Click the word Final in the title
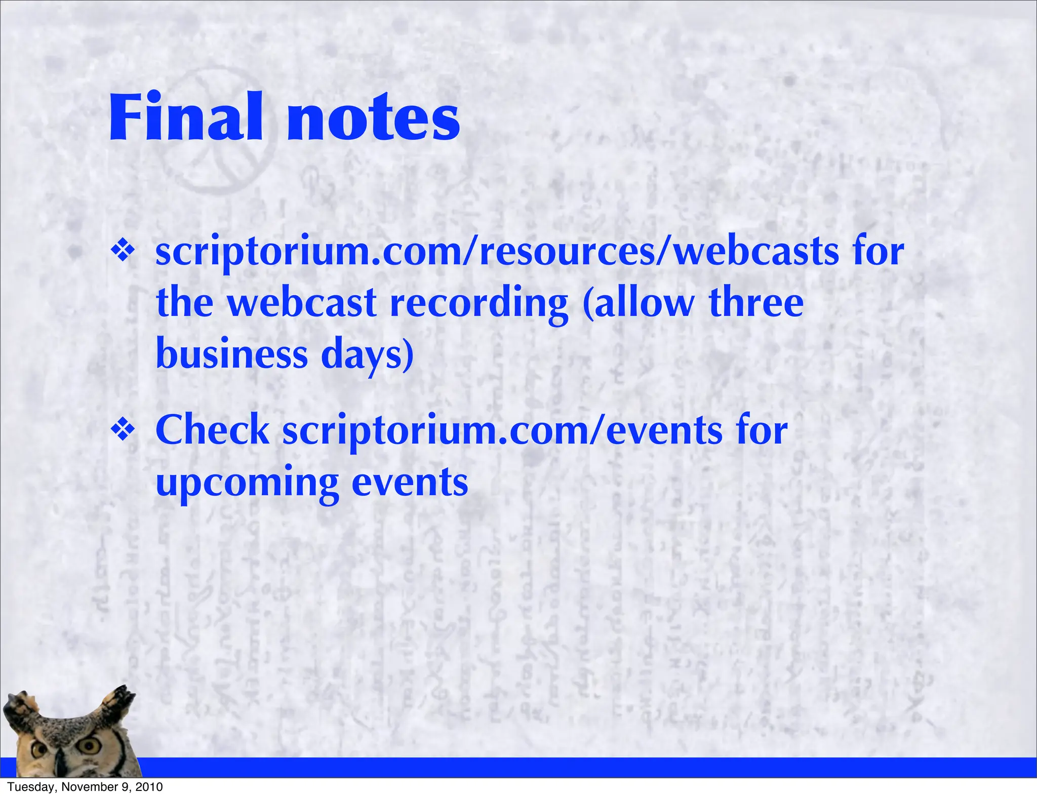click(185, 117)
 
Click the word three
click(755, 302)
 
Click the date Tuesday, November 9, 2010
click(85, 787)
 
